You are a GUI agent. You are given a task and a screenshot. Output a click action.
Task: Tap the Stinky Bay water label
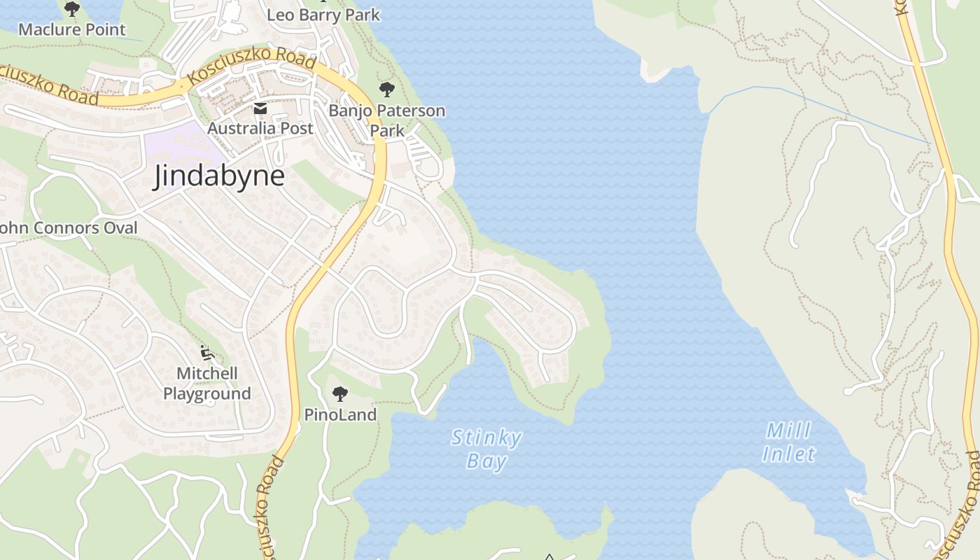pos(486,449)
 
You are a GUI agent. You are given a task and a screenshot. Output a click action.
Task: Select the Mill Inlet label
pos(789,442)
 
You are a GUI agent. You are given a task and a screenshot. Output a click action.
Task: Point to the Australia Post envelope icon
pos(260,108)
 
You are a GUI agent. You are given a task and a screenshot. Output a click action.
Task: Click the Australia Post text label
pos(260,128)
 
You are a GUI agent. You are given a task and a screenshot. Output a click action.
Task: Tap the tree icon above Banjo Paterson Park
pos(386,90)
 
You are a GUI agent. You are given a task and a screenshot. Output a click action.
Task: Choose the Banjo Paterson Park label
pos(387,120)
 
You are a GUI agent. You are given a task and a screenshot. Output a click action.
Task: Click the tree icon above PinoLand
pos(340,394)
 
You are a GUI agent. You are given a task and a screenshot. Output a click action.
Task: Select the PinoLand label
pos(340,414)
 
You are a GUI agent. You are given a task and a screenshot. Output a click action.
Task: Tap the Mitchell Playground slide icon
pos(206,352)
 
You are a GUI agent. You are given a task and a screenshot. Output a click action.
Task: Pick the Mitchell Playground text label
pos(207,384)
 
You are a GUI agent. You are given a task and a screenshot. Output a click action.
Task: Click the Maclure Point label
pos(72,29)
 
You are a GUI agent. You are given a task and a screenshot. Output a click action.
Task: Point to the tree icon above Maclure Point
pos(72,9)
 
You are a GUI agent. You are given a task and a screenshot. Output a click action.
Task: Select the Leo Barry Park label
pos(323,14)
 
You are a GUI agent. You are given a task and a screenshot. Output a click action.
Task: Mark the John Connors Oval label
pos(69,227)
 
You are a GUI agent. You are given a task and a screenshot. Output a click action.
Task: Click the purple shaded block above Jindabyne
pos(183,140)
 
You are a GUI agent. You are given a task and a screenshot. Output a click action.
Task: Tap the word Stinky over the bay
pos(486,439)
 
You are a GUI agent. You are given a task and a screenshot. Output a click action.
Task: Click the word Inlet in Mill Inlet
pos(789,454)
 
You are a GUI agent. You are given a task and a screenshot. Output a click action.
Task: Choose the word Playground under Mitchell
pos(207,393)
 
